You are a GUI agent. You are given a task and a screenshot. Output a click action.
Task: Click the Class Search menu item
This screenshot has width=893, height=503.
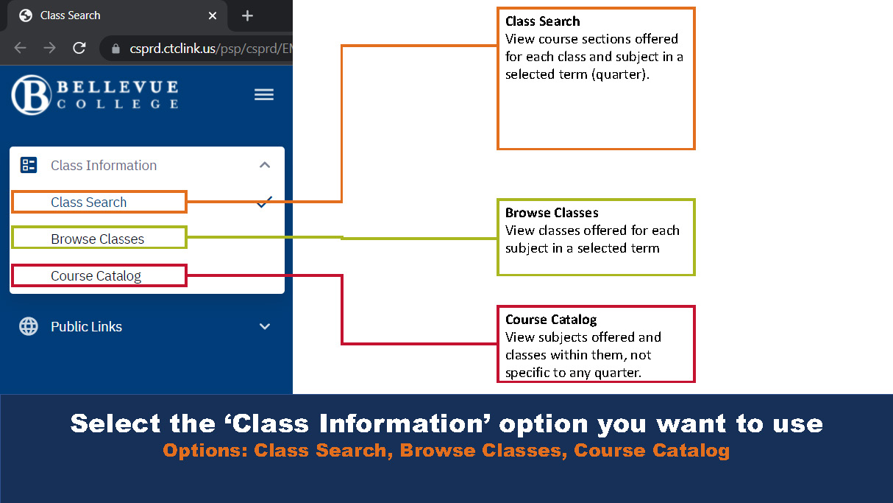click(89, 203)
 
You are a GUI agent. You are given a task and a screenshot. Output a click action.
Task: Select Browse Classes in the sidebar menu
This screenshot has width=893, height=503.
click(98, 239)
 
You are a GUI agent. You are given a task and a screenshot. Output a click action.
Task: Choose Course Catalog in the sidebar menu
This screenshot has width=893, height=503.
click(96, 276)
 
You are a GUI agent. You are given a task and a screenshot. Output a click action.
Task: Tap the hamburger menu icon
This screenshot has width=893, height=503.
click(264, 94)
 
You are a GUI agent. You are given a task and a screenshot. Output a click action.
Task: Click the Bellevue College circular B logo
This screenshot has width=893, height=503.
click(31, 95)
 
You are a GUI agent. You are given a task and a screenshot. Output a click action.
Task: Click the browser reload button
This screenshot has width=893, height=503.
click(79, 48)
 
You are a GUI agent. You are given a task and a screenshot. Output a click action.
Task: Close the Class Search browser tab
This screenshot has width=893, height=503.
click(213, 15)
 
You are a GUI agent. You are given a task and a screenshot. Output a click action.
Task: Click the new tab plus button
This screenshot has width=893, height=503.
click(247, 15)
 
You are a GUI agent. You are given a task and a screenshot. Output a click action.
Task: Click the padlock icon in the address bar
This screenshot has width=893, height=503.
click(115, 49)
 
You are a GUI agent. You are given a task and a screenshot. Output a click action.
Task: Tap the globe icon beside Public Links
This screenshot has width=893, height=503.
click(29, 326)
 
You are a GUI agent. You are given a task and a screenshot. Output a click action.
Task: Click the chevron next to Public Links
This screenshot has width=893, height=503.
click(265, 326)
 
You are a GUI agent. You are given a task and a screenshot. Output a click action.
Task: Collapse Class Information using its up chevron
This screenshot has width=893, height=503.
click(265, 165)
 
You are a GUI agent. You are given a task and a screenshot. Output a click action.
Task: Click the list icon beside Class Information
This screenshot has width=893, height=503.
click(29, 165)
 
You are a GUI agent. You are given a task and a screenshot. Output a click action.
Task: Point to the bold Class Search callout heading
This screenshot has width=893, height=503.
click(543, 21)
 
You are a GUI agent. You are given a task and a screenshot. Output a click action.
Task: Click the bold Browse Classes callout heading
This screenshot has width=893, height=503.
click(552, 213)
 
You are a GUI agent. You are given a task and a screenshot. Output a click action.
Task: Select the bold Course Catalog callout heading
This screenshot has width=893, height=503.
click(551, 320)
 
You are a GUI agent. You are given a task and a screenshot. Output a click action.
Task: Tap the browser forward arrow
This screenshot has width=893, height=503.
click(49, 48)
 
